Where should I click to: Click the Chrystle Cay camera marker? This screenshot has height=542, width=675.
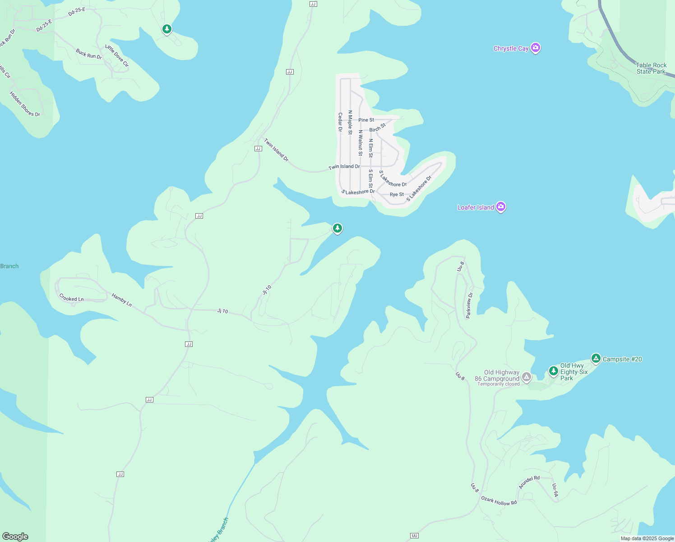(x=535, y=47)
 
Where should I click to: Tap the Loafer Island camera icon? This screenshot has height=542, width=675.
(x=500, y=207)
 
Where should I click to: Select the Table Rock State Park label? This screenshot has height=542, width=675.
(x=651, y=68)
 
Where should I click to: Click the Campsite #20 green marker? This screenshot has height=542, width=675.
(x=596, y=359)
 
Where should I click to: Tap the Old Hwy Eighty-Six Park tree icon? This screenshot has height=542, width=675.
(x=554, y=371)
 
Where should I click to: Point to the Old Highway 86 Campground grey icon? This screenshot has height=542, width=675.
(x=526, y=376)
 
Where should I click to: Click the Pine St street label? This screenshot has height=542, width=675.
(x=366, y=120)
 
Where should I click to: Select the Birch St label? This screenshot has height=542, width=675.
(x=377, y=127)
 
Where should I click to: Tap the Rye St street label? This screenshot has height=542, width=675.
(x=397, y=195)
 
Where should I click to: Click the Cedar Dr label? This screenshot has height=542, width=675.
(x=340, y=122)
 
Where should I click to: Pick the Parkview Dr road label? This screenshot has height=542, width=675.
(x=469, y=305)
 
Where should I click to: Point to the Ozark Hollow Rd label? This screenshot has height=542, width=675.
(x=499, y=500)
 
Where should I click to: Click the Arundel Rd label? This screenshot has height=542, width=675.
(x=529, y=482)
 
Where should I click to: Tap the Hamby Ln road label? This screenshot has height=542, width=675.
(x=122, y=300)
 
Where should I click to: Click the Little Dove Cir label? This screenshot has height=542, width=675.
(x=117, y=56)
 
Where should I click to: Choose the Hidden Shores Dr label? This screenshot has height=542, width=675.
(x=25, y=104)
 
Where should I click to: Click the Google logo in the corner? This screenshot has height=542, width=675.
(x=15, y=537)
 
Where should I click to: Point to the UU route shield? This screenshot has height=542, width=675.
(x=414, y=536)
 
